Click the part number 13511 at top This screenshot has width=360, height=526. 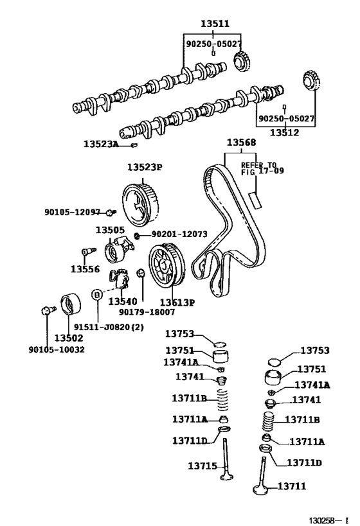(215, 24)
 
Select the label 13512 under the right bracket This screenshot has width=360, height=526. (285, 133)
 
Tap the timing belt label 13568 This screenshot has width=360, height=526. (240, 143)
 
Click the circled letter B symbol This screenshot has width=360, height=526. (96, 295)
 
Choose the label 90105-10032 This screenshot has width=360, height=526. (57, 349)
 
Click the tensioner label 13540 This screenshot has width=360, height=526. (122, 301)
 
